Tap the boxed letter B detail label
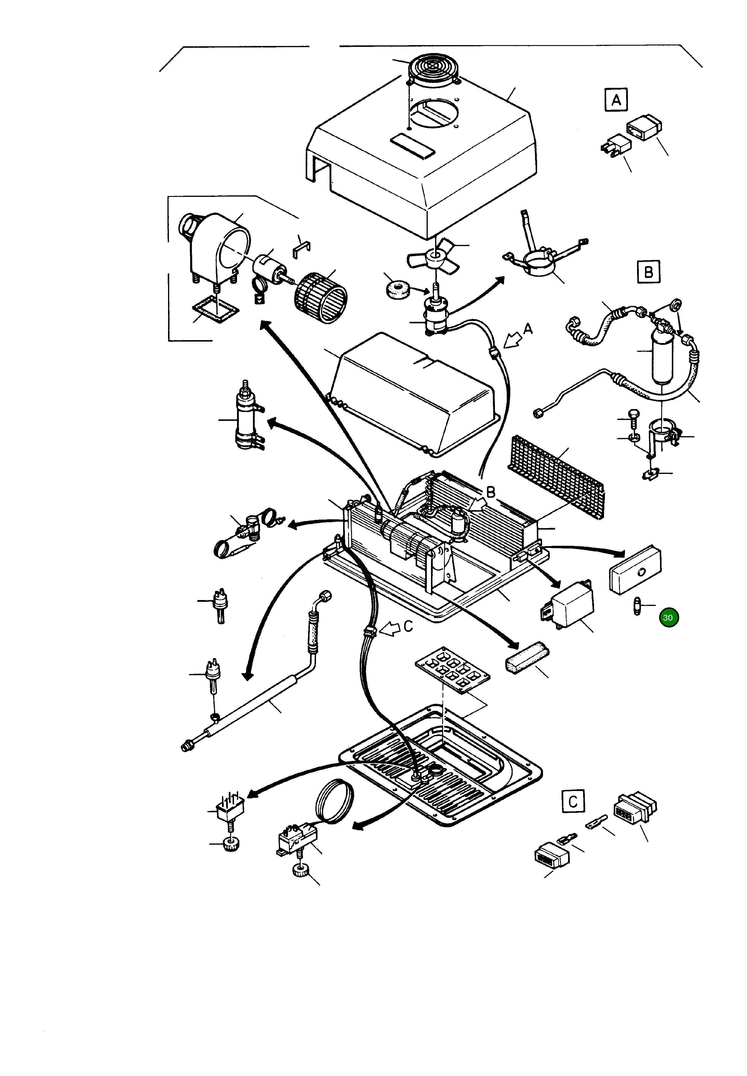click(649, 271)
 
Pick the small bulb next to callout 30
click(637, 606)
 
